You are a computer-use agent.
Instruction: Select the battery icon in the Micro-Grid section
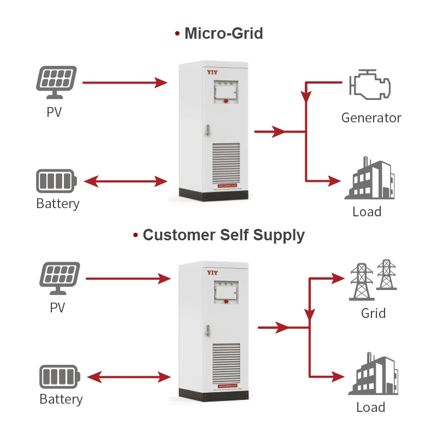pyautogui.click(x=57, y=180)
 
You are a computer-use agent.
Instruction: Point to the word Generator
pyautogui.click(x=371, y=117)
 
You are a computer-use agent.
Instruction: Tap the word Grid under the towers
pyautogui.click(x=373, y=314)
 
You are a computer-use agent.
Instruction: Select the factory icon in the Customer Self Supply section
pyautogui.click(x=374, y=375)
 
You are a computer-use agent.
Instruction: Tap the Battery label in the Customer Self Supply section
pyautogui.click(x=61, y=399)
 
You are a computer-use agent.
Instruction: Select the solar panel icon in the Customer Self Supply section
pyautogui.click(x=60, y=279)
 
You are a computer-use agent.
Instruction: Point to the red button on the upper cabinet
pyautogui.click(x=225, y=100)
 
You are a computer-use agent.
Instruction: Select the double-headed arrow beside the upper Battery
pyautogui.click(x=125, y=181)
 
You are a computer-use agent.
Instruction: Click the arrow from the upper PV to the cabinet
pyautogui.click(x=125, y=83)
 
